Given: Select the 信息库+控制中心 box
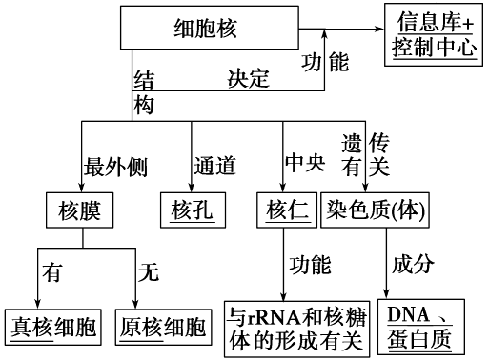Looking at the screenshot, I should tap(435, 31).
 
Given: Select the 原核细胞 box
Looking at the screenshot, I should tap(162, 328).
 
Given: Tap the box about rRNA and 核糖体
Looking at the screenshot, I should tap(295, 327).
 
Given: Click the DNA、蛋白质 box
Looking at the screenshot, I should tap(418, 327).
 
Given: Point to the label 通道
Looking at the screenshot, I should tap(214, 166).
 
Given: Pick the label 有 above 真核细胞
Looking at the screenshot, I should tap(52, 273).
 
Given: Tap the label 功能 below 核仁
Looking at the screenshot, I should tap(311, 262).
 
